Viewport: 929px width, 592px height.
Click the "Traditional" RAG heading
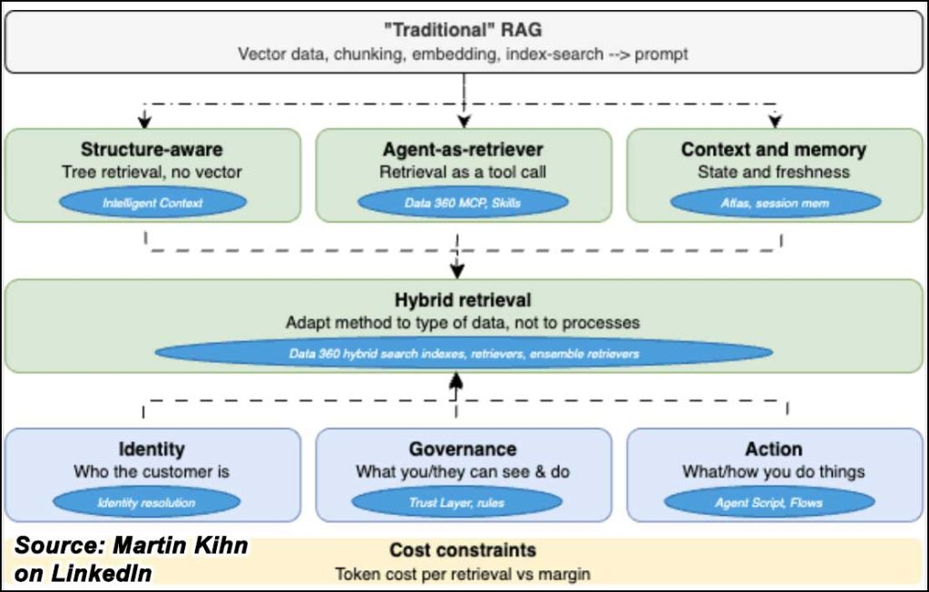point(463,30)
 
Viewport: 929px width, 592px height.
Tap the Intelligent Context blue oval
point(152,203)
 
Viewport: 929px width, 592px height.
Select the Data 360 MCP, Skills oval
point(463,203)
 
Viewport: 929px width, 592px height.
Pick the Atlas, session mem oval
point(775,203)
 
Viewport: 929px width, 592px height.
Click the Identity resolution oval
point(146,502)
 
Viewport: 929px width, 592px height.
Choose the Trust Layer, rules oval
point(457,502)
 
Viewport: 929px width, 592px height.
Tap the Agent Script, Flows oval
point(769,502)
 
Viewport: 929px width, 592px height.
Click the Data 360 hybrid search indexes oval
point(464,354)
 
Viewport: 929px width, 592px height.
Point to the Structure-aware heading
point(152,150)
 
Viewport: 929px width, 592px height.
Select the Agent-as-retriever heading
point(463,150)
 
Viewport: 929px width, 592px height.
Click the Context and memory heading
point(774,150)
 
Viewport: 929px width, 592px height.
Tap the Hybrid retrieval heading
point(463,300)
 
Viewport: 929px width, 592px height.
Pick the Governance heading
point(463,449)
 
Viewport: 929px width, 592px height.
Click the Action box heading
point(774,449)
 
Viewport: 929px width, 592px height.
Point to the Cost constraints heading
point(463,550)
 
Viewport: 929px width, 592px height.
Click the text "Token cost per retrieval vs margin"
point(463,574)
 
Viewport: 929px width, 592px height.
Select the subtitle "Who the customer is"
point(152,471)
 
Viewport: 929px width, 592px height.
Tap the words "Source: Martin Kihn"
point(132,545)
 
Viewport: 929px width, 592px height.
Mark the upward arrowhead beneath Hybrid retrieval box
point(455,380)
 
